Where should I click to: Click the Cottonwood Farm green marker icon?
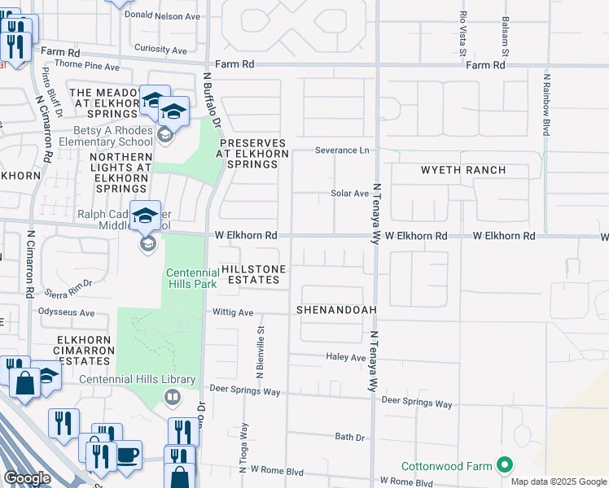pos(505,466)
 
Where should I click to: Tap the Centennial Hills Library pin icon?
pos(173,397)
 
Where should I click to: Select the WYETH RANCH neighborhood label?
pos(462,170)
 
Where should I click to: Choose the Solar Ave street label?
pos(349,194)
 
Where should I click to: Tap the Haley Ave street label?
pos(346,357)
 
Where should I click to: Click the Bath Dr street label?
pos(350,437)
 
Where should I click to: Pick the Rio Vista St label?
pos(462,33)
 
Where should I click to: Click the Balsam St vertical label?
pos(506,37)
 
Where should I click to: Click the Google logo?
pos(27,478)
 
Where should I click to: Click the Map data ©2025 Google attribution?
pos(558,481)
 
